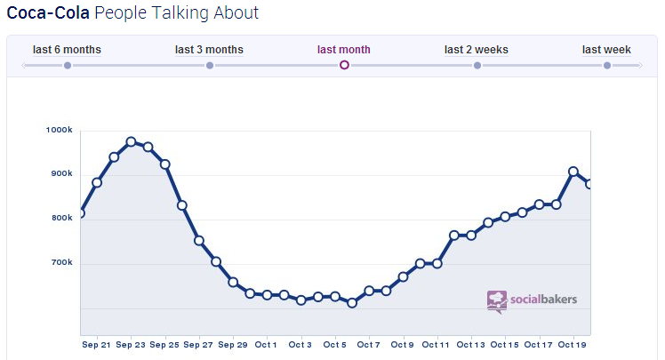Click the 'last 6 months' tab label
tap(67, 50)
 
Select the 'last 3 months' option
tap(209, 50)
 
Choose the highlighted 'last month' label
tap(344, 50)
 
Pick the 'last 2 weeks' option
tap(477, 50)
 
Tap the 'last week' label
tap(606, 50)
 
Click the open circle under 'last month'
tap(344, 65)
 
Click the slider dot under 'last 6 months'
tap(68, 65)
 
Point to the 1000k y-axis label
tap(59, 131)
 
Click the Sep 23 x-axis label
tap(131, 345)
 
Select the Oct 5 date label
tap(334, 345)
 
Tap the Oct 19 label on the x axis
tap(573, 345)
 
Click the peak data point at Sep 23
tap(131, 142)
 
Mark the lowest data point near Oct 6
tap(352, 303)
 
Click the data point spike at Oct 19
tap(573, 172)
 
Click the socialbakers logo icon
tap(497, 300)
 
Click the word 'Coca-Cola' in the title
tap(47, 13)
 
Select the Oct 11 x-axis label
tap(437, 345)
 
